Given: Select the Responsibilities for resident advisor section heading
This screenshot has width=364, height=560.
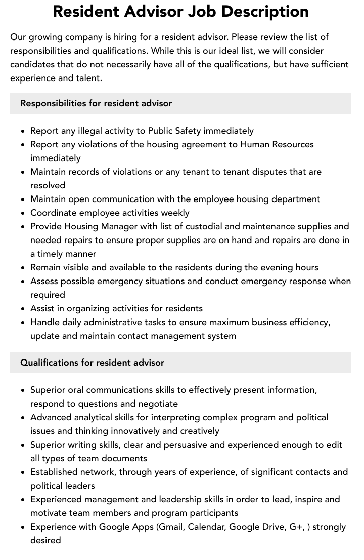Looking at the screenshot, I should [x=96, y=103].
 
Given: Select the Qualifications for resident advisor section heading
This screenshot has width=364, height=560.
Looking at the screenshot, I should [x=92, y=363].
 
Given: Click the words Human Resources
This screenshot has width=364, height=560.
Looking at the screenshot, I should [x=277, y=144].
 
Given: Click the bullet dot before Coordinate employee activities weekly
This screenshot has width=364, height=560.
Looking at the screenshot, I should [x=23, y=213].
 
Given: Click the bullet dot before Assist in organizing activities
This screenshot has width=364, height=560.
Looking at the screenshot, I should [x=23, y=309].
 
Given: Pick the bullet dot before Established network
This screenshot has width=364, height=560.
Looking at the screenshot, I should [x=23, y=472].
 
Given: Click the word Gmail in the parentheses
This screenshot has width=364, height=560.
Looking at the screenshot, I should [x=172, y=527].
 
